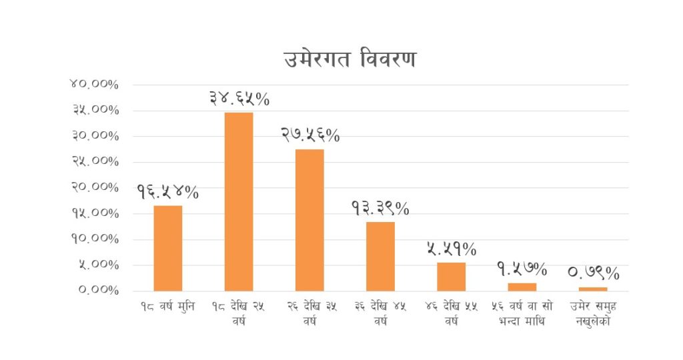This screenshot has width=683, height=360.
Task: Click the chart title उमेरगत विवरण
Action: point(350,59)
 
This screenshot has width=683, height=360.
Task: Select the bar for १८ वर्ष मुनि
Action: point(167,248)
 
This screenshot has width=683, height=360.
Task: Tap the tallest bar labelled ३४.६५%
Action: point(239,201)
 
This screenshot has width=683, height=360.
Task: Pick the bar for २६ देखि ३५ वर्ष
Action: point(309,220)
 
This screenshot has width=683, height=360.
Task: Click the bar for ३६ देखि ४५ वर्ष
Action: point(380,256)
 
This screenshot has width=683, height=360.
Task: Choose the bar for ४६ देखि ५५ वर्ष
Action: point(452,277)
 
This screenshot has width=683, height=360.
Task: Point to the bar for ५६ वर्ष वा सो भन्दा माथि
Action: point(522,287)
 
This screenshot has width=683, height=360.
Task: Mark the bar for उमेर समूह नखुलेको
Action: point(593,289)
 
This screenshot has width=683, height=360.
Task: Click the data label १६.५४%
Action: point(167,192)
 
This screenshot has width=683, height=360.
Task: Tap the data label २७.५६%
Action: point(309,135)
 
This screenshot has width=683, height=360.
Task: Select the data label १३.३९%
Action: point(380,208)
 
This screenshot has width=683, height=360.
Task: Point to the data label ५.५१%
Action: point(452,249)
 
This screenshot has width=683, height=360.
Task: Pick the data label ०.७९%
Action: point(593,273)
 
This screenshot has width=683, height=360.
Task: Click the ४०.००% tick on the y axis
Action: point(94,85)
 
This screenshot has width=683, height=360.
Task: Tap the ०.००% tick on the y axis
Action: point(95,291)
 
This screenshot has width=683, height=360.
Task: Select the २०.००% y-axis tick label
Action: point(94,187)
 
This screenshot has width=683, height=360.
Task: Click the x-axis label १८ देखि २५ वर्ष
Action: point(239,313)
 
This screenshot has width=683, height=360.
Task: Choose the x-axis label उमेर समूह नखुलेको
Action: point(593,313)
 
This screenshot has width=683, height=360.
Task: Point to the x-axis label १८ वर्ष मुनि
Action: point(167,307)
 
